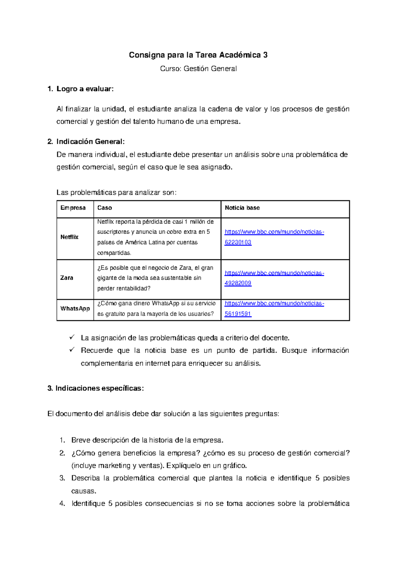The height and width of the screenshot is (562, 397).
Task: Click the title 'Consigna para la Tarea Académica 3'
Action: (198, 55)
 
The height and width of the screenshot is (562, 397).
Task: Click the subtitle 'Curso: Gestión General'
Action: (198, 69)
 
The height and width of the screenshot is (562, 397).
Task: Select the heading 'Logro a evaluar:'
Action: (85, 89)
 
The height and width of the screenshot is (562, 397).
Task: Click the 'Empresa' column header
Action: (73, 208)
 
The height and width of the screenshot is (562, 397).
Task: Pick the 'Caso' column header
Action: (105, 208)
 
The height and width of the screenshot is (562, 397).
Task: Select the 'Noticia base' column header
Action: (242, 208)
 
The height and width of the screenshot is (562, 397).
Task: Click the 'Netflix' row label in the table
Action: (69, 237)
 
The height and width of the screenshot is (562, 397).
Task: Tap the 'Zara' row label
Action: (66, 278)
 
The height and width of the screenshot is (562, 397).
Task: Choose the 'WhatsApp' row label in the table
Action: (75, 309)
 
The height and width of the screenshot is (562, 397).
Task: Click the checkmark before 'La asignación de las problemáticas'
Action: (72, 337)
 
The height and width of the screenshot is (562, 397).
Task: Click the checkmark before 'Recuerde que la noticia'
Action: (72, 350)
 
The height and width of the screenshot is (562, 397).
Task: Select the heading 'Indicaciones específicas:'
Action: (99, 388)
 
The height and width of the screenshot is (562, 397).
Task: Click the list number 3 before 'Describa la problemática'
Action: (62, 478)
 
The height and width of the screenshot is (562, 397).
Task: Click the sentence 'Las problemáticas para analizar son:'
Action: (116, 193)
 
